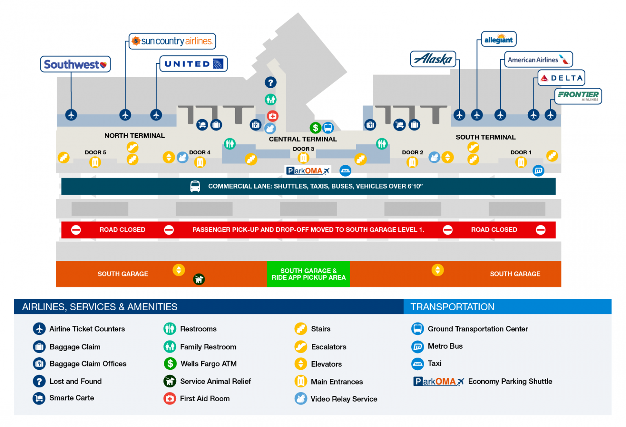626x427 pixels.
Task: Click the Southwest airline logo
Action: click(x=75, y=64)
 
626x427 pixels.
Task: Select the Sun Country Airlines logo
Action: click(x=172, y=41)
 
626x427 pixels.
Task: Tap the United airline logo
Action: click(x=193, y=64)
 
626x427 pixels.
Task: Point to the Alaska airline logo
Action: click(x=433, y=59)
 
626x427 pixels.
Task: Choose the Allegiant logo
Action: click(x=498, y=39)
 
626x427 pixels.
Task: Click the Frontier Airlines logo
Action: click(x=578, y=96)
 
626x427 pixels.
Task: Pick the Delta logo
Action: click(x=561, y=78)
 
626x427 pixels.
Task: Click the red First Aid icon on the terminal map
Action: click(x=272, y=116)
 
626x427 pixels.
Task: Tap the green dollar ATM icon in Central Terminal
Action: click(x=315, y=128)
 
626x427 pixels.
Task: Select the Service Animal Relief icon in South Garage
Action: click(x=199, y=279)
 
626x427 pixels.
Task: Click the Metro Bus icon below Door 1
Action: click(x=538, y=171)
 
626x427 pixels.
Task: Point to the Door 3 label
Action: click(x=303, y=149)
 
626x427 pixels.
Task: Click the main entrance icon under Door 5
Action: click(x=95, y=162)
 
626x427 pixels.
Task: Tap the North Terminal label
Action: click(x=134, y=136)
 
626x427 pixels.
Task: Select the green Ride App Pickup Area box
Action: click(x=308, y=274)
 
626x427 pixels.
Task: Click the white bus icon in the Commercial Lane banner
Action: click(x=195, y=186)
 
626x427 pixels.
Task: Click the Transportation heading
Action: click(x=452, y=307)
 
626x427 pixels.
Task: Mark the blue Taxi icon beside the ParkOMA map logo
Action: click(x=345, y=171)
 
